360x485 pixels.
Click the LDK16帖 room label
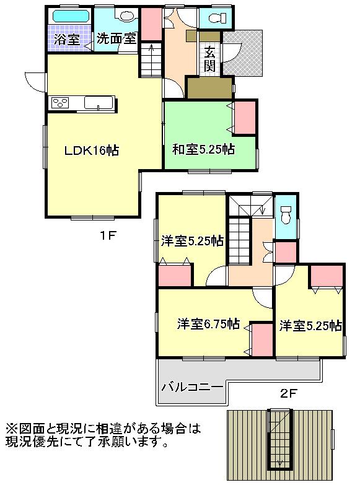point(93,150)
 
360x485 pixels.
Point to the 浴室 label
point(66,39)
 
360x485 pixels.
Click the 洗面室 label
point(116,38)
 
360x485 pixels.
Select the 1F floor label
point(110,235)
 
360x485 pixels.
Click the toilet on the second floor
point(286,215)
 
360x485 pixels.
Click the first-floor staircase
point(149,60)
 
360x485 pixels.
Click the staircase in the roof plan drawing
point(274,439)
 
